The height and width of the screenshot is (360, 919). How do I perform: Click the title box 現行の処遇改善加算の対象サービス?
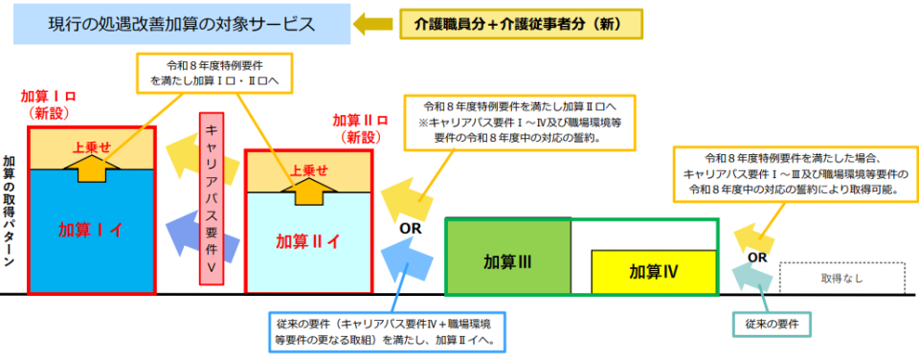tap(181, 24)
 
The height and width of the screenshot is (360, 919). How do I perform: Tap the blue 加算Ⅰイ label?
tap(91, 230)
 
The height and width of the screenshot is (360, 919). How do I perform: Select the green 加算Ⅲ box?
tap(507, 260)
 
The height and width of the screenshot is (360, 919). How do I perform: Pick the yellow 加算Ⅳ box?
tap(653, 271)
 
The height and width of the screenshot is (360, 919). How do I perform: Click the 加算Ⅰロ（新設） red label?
tap(48, 104)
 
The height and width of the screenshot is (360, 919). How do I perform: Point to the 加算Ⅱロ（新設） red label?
tap(359, 128)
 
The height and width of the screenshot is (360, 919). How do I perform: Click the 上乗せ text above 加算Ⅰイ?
tap(92, 147)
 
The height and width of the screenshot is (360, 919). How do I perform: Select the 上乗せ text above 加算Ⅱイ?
tap(308, 170)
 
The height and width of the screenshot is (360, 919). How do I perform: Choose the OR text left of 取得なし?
tap(756, 257)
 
